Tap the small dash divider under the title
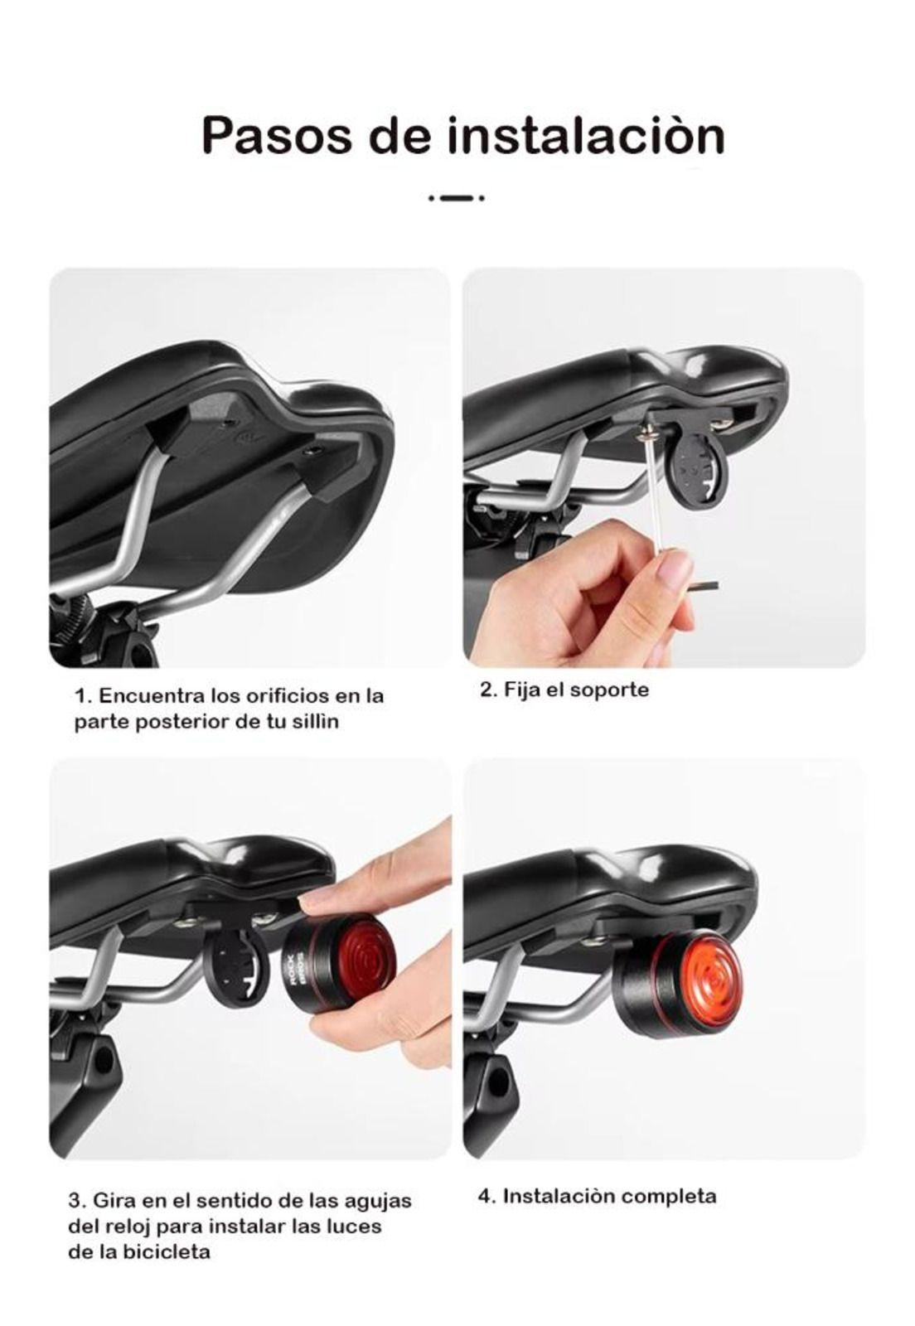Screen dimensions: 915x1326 457,198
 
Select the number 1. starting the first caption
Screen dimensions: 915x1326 82,695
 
